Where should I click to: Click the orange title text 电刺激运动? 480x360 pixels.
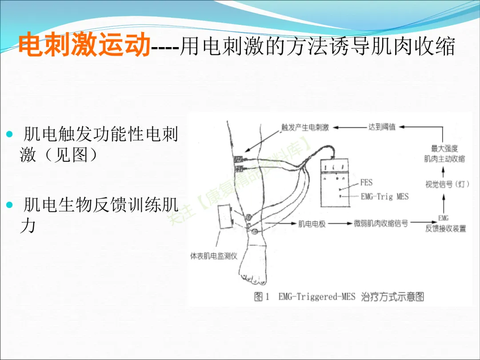[x=84, y=45]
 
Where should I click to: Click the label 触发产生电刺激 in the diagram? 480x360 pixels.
[x=305, y=127]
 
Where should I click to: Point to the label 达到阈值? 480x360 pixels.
[x=381, y=127]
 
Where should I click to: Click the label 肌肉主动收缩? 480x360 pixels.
[x=444, y=159]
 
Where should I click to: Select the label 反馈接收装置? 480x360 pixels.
[x=446, y=228]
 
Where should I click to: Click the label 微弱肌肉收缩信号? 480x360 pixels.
[x=381, y=223]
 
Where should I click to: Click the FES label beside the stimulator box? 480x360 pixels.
[x=366, y=182]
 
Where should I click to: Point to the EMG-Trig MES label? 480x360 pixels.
[x=385, y=196]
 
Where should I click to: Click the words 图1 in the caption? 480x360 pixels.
[x=261, y=296]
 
